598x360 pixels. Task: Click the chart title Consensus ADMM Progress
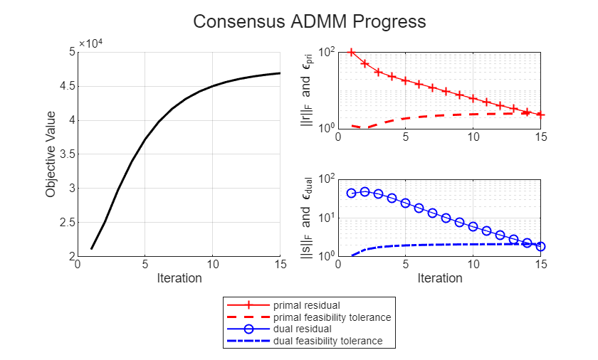click(x=310, y=22)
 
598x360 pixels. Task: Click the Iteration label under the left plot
click(x=179, y=278)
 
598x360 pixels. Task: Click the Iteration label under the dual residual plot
click(x=439, y=278)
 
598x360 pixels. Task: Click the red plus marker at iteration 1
click(x=352, y=52)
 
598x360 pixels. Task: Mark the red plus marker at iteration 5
click(x=406, y=80)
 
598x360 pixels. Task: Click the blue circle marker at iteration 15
click(x=541, y=246)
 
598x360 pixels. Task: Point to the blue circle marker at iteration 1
click(x=352, y=193)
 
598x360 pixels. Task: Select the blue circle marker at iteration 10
click(x=473, y=226)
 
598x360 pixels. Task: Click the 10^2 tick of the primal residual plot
click(x=327, y=53)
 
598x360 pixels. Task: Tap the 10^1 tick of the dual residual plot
click(x=327, y=218)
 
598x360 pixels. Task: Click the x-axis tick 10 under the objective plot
click(x=213, y=265)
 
